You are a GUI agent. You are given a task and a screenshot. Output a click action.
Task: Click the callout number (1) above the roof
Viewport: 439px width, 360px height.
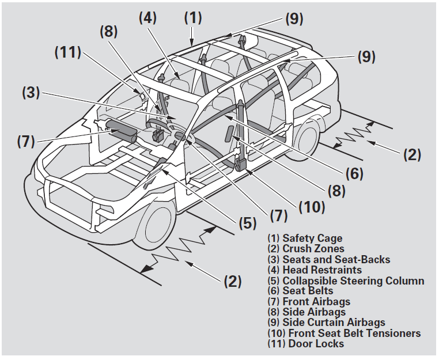193,18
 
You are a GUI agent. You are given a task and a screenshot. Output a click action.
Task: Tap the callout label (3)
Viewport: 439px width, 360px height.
32,92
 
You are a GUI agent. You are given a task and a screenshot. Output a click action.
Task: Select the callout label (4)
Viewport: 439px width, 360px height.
149,18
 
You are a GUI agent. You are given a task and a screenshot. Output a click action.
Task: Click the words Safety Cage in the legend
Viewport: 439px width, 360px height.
312,238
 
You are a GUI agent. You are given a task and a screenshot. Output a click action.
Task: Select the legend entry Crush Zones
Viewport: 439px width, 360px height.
313,249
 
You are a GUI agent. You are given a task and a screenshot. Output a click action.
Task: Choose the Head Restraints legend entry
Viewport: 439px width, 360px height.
322,270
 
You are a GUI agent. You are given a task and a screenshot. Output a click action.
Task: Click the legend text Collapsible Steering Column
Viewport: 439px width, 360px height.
353,281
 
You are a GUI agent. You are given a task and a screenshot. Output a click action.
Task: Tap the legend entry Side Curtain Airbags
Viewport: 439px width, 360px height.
334,323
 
